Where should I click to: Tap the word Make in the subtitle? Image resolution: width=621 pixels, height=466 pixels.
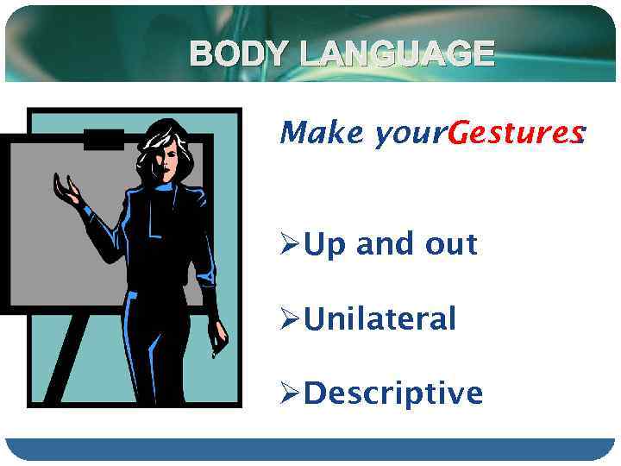(323, 133)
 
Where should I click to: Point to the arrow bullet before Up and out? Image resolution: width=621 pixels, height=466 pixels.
(291, 245)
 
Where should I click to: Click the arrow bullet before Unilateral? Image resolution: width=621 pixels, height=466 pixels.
(291, 320)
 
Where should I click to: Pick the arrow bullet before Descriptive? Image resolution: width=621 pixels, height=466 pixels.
(291, 394)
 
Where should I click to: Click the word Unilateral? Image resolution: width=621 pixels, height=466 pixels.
(380, 319)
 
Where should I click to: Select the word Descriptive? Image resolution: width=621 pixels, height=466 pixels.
(394, 394)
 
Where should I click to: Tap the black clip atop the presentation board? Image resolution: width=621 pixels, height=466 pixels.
(103, 138)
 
